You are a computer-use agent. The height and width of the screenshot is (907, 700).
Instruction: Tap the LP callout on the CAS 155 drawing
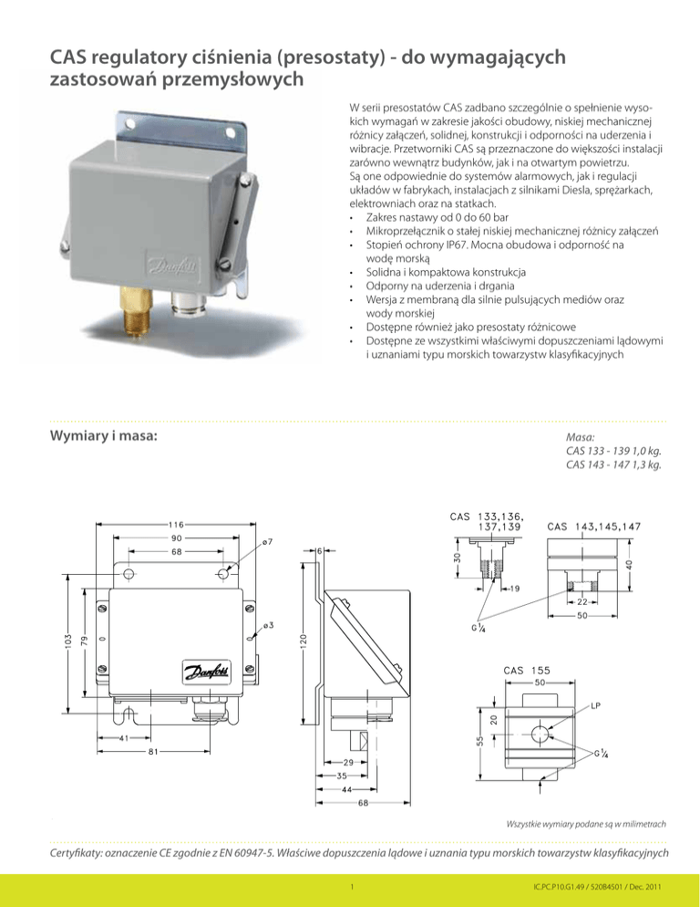594,705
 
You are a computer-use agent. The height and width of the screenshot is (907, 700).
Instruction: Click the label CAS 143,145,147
594,526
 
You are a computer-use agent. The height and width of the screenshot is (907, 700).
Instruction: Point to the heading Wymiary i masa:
103,436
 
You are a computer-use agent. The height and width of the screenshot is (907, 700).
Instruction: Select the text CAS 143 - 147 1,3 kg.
613,465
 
